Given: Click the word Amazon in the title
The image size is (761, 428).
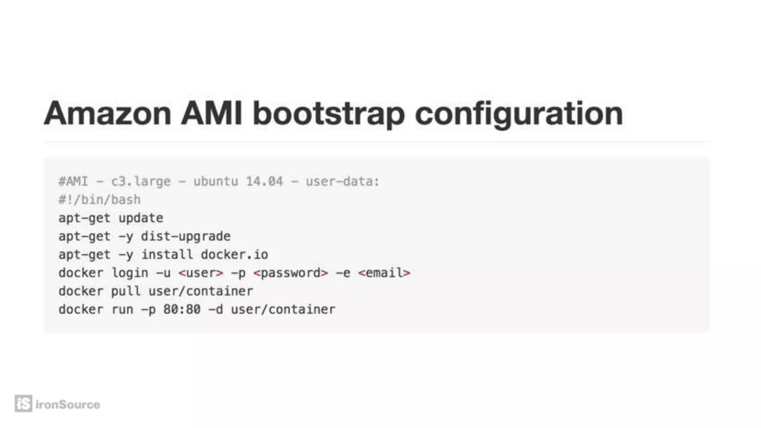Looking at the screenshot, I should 107,113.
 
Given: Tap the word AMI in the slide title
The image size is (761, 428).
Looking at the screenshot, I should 211,113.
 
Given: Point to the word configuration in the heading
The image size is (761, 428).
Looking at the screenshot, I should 518,114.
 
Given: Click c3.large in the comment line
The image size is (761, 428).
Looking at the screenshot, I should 141,182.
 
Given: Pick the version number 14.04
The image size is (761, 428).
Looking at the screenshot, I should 264,182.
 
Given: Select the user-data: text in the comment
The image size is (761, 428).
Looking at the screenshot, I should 342,182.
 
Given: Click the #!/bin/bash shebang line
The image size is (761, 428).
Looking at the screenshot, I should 100,200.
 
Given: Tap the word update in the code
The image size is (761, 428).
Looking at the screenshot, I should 141,218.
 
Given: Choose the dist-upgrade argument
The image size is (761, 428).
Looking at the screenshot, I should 186,236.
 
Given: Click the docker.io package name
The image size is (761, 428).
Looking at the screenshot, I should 234,254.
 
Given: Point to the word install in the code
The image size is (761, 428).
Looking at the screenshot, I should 167,254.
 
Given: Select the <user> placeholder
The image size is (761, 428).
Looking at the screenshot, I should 201,273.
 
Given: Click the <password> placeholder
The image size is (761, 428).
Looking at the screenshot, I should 291,273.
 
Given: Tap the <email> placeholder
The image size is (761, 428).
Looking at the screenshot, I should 384,273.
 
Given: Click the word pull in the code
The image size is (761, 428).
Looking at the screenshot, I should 126,291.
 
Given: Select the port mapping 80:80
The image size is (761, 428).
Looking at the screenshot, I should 182,309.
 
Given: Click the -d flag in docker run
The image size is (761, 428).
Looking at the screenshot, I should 216,309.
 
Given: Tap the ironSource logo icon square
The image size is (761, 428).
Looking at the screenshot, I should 23,403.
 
